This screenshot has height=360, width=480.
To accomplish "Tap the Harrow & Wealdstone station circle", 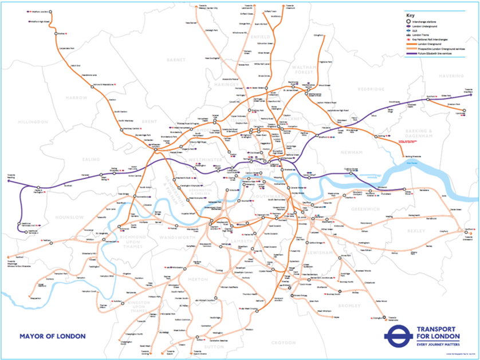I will coord(92,86).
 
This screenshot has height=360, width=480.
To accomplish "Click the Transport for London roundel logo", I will coord(399,337).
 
